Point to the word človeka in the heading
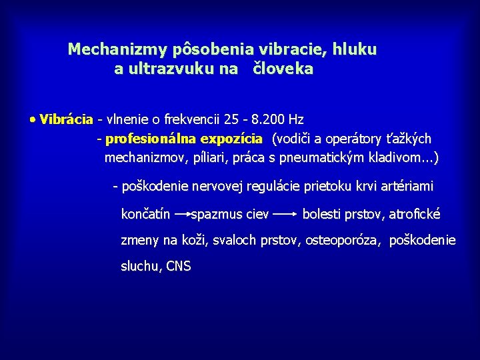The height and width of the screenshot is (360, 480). pyautogui.click(x=283, y=69)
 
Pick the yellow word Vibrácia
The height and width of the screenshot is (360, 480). pyautogui.click(x=66, y=120)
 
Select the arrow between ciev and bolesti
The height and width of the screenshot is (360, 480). pyautogui.click(x=285, y=214)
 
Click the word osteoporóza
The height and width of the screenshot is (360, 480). pyautogui.click(x=343, y=240)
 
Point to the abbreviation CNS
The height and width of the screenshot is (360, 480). pyautogui.click(x=179, y=267)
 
